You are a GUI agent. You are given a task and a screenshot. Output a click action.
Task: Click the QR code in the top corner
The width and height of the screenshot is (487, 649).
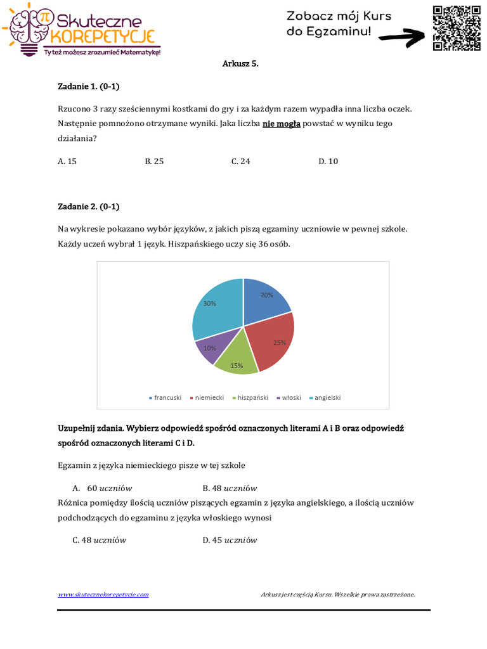pos(457,28)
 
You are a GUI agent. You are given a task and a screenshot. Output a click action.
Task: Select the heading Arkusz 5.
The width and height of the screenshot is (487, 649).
pos(241,64)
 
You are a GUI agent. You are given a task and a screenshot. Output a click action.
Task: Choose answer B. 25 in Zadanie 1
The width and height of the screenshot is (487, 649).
pos(154,161)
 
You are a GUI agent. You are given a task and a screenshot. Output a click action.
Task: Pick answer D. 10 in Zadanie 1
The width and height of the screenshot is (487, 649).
pos(328,161)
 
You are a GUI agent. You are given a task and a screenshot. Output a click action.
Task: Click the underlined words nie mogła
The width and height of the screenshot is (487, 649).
pos(281,124)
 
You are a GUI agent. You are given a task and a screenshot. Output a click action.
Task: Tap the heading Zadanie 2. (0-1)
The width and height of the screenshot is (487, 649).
pos(88,206)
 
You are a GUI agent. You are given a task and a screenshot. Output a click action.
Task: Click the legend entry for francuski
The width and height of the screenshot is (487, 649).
pos(165,397)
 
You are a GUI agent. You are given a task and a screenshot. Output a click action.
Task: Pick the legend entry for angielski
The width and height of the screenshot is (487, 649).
pos(325,397)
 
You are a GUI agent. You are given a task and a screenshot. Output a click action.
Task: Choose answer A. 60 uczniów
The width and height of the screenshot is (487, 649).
pos(101,488)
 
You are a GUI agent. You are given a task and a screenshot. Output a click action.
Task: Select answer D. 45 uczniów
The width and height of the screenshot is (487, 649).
pos(230,540)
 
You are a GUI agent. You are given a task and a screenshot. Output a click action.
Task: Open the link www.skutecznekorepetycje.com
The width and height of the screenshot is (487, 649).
pos(103,594)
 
